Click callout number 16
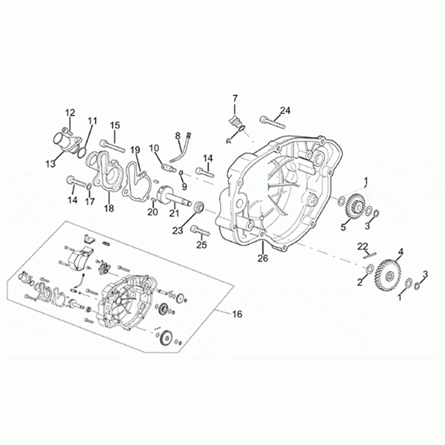pyautogui.click(x=237, y=314)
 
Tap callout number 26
pyautogui.click(x=263, y=258)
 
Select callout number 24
pyautogui.click(x=284, y=111)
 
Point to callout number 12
pyautogui.click(x=70, y=113)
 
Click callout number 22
pyautogui.click(x=362, y=246)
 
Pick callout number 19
pyautogui.click(x=135, y=150)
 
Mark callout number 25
pyautogui.click(x=202, y=245)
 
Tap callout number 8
pyautogui.click(x=178, y=135)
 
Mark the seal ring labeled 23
pyautogui.click(x=198, y=207)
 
